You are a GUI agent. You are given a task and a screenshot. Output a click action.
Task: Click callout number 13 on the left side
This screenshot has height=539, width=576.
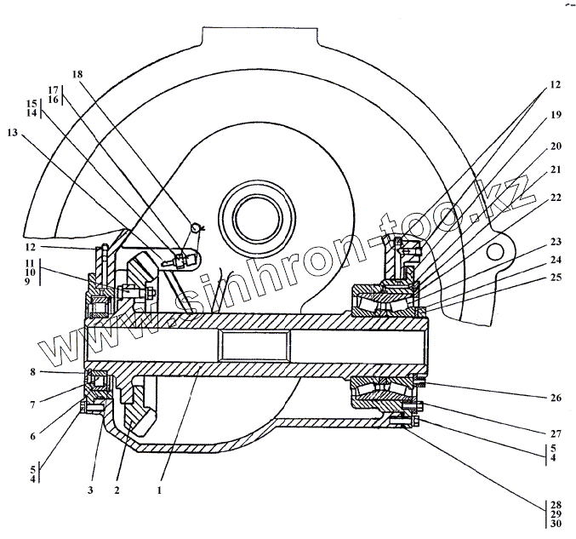pos(11,134)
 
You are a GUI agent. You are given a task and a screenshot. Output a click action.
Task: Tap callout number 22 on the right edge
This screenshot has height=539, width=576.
pos(555,197)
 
